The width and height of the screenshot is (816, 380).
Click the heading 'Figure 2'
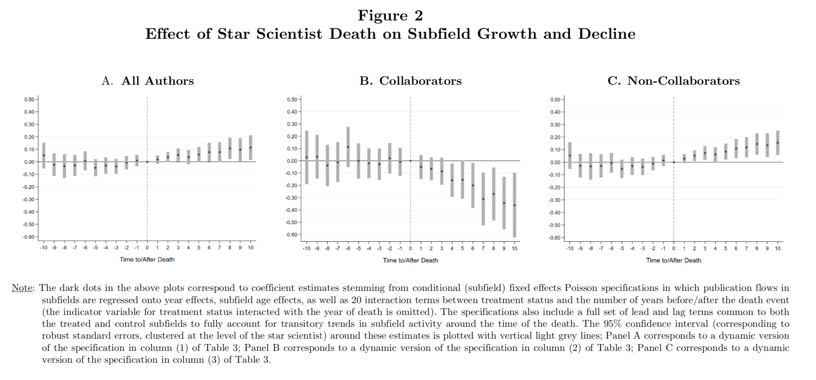[390, 15]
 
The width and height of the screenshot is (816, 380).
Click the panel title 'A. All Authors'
[148, 81]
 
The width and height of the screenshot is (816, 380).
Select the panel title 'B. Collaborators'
[411, 81]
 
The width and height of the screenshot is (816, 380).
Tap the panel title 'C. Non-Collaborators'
[674, 81]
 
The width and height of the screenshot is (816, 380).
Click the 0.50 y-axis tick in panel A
[29, 99]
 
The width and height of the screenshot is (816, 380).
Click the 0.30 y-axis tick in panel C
[555, 125]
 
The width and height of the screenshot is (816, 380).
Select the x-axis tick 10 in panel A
[251, 247]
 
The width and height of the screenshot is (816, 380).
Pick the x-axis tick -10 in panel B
[306, 248]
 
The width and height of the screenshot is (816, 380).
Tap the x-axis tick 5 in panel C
[725, 248]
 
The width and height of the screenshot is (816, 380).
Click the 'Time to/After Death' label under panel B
[411, 260]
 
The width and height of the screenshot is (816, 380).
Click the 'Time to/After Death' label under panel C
[674, 260]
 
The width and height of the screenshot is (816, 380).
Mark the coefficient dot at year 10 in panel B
[514, 205]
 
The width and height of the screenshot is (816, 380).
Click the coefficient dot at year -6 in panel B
[348, 147]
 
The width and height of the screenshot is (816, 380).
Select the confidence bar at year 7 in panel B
[483, 199]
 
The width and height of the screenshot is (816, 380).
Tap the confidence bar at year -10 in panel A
[44, 156]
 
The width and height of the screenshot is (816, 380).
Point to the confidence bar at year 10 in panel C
[778, 143]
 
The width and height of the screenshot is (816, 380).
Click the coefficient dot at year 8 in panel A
[230, 148]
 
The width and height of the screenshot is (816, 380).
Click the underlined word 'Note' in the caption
[22, 288]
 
